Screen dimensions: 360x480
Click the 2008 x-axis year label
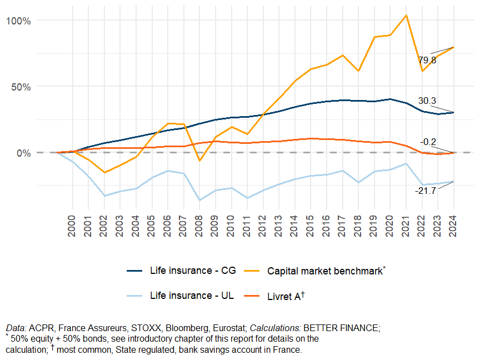pos(199,226)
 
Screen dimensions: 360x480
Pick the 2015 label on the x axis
pos(311,226)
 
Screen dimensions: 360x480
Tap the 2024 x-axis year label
pos(453,226)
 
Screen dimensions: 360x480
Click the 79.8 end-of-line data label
pos(427,60)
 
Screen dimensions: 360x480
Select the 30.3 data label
pos(427,101)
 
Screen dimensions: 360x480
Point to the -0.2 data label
pos(428,142)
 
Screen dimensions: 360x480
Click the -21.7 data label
pos(426,191)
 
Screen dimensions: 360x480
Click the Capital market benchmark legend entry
pos(325,271)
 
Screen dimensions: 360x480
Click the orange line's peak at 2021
pos(406,15)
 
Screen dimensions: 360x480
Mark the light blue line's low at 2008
pos(199,200)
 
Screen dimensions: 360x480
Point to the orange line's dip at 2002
pos(104,172)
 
